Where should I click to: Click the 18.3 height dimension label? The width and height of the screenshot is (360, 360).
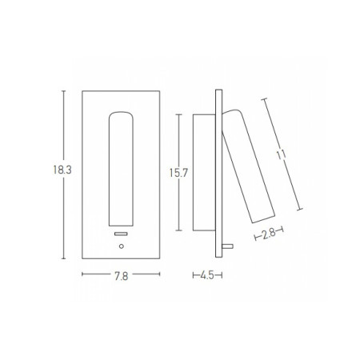[x=62, y=170]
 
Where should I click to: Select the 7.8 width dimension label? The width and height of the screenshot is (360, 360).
[x=122, y=276]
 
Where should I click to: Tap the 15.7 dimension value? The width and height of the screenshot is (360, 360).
[x=178, y=173]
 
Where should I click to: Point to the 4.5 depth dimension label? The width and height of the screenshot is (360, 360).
[x=207, y=275]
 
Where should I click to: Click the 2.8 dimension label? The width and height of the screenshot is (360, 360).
[x=269, y=234]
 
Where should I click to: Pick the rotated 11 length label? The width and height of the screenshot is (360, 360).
[x=281, y=154]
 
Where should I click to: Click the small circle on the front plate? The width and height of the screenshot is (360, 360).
[x=122, y=246]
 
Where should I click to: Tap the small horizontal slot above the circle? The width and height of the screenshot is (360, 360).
[x=121, y=234]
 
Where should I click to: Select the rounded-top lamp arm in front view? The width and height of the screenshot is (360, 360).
[x=121, y=169]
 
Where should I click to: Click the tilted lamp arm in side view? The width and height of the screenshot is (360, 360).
[x=248, y=166]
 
